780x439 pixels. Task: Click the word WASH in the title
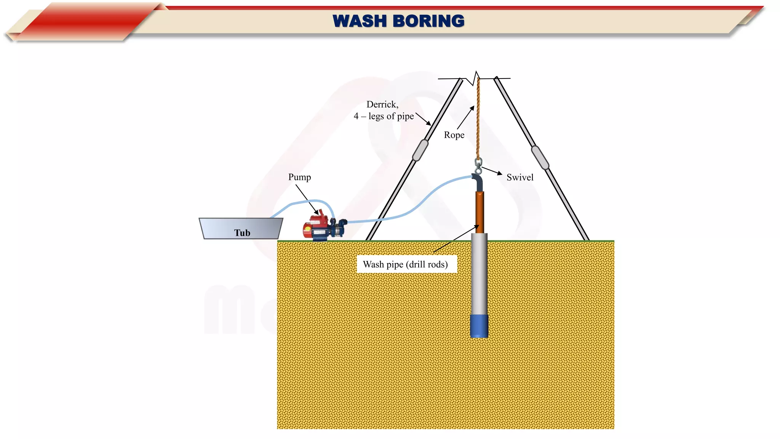tap(360, 21)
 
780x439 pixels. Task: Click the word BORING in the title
tap(428, 21)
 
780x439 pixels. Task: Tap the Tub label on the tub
tap(242, 233)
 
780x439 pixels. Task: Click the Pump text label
tap(299, 177)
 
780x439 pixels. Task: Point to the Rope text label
tap(454, 135)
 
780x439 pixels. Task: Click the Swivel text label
tap(519, 178)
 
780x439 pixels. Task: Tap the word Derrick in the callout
tap(382, 104)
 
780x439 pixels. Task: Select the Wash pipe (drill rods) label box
tap(406, 264)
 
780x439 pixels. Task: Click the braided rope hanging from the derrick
tap(478, 118)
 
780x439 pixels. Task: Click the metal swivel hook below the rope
tap(478, 166)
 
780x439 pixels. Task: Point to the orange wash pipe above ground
tap(480, 211)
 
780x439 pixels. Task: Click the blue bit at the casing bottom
tap(479, 326)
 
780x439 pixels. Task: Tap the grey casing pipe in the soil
tap(479, 274)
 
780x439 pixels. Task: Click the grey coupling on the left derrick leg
tap(420, 150)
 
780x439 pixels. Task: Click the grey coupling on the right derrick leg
tap(540, 157)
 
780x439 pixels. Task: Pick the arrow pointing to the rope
tap(465, 117)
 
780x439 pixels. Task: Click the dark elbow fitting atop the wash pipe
tap(478, 182)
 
